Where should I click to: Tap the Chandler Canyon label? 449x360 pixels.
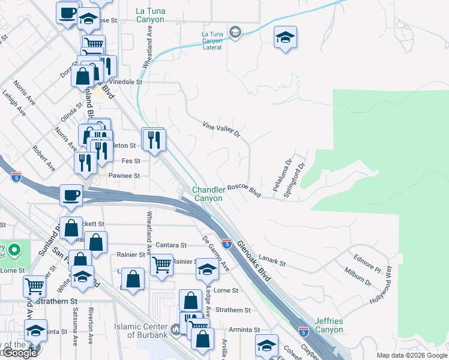[208, 194]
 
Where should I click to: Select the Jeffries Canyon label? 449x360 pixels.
[328, 326]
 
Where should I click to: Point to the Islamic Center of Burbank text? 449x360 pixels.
[142, 330]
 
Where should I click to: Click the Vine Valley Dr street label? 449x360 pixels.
[221, 129]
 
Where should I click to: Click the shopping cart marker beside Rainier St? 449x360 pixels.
[161, 264]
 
